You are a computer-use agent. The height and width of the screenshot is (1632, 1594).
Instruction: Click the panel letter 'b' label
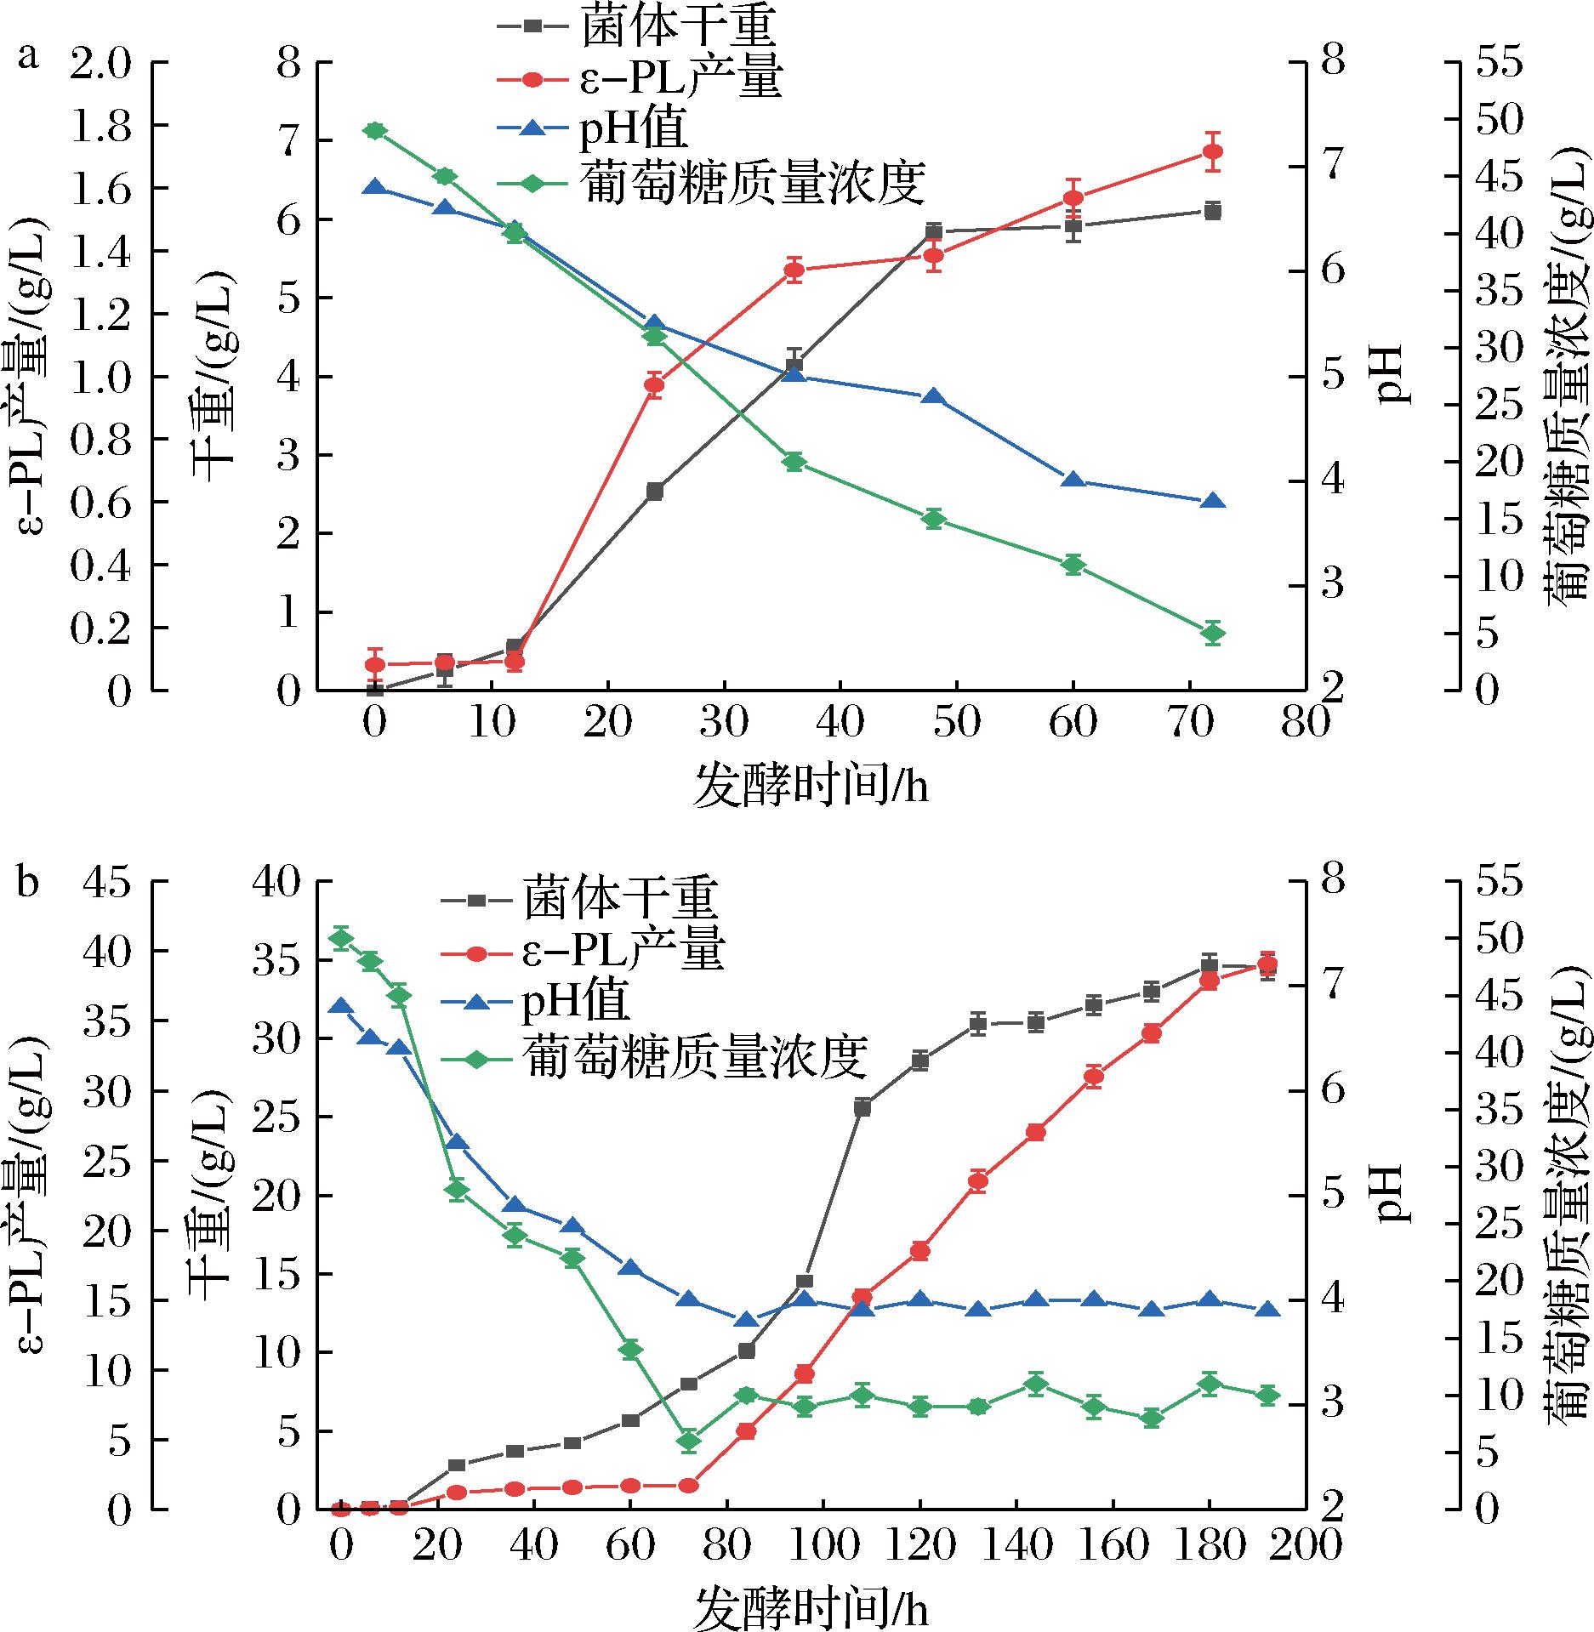[x=30, y=882]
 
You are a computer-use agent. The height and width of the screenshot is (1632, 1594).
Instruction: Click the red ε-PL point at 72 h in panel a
[x=1213, y=152]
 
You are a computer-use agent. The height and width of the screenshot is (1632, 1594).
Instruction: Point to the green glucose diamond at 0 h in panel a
[x=375, y=130]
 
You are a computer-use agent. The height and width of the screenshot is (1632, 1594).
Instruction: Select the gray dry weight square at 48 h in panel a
[x=934, y=231]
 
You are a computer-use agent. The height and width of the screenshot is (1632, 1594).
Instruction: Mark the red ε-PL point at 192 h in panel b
[x=1267, y=965]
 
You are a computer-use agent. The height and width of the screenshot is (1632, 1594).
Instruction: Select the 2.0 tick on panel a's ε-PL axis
[x=102, y=64]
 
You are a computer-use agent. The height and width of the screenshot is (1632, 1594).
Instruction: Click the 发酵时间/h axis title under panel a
[x=811, y=785]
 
